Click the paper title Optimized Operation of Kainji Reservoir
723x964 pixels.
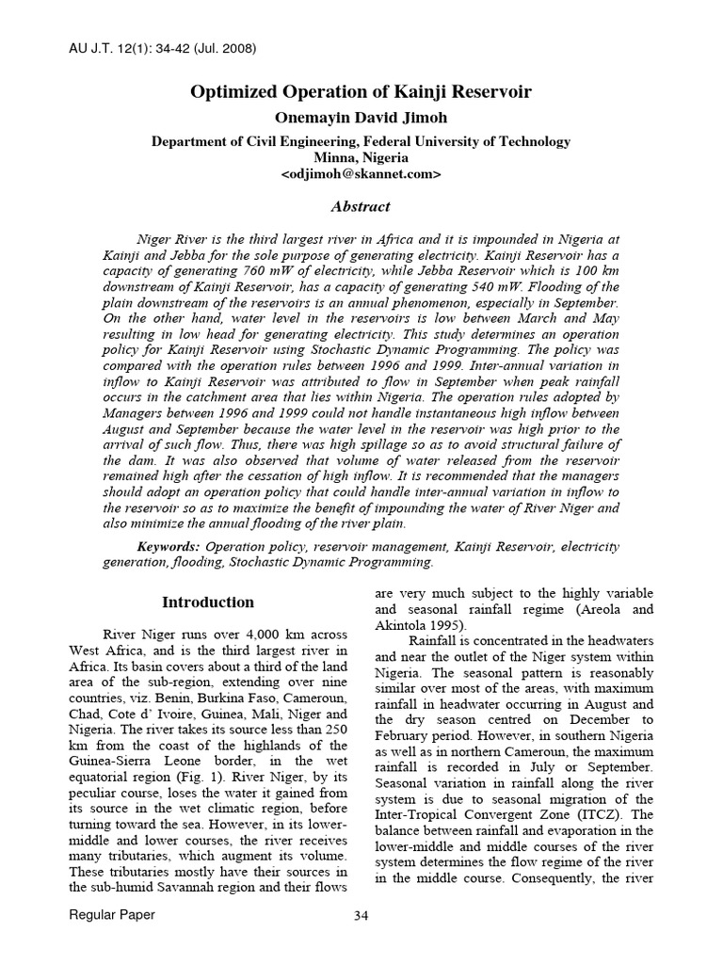pos(361,92)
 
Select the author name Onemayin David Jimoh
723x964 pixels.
pos(361,118)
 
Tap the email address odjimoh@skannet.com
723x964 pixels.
pos(361,175)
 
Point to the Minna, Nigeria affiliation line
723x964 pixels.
pos(361,158)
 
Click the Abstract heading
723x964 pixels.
pos(361,206)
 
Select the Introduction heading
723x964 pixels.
pos(208,602)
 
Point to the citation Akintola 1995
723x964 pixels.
pos(420,624)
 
